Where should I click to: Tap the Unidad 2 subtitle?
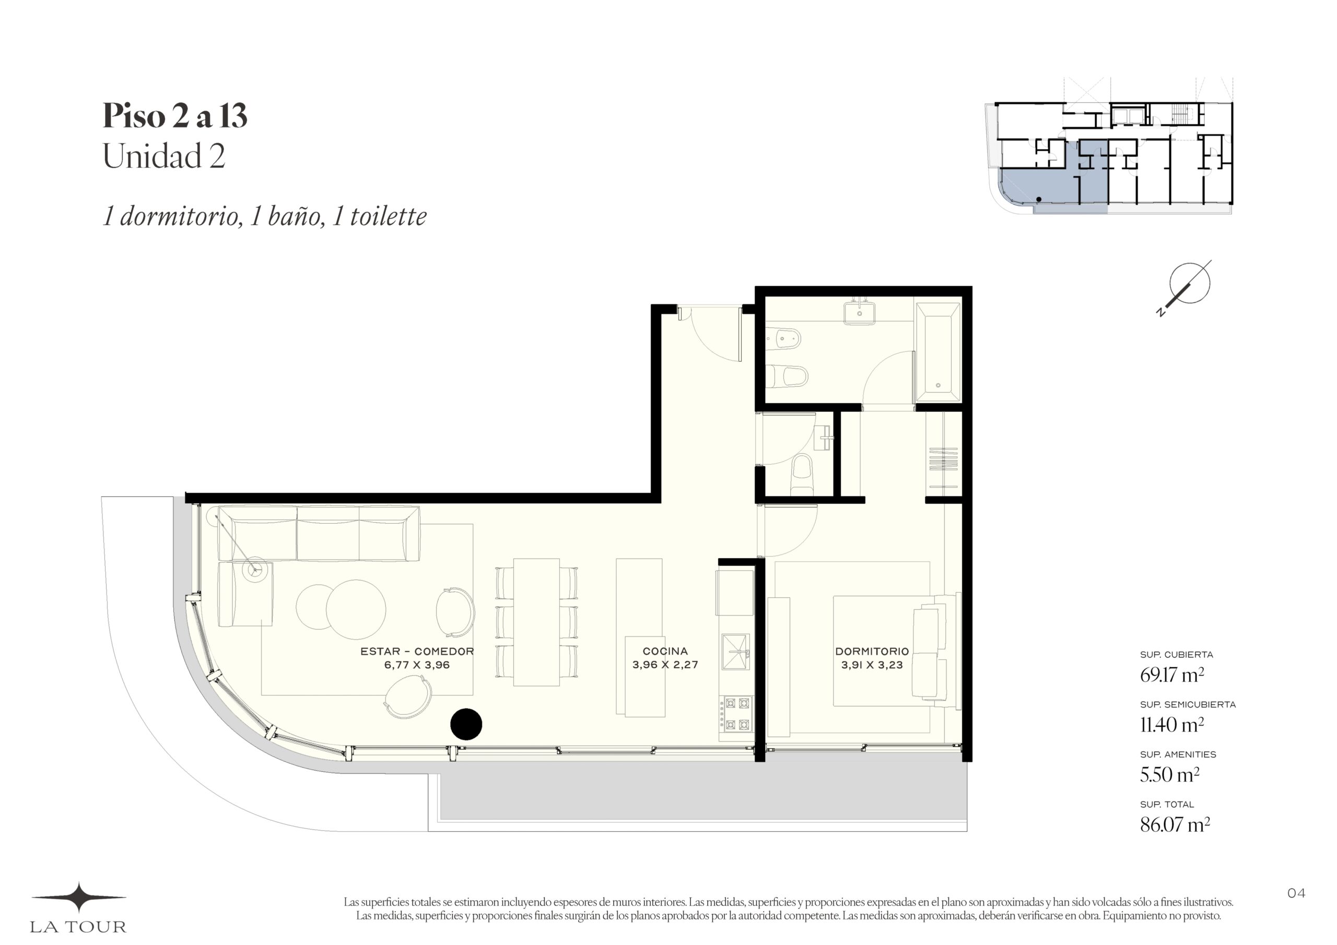pos(163,156)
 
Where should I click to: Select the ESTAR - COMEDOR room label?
pos(417,652)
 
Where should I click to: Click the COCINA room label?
pos(665,651)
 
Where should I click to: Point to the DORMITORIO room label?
pos(872,652)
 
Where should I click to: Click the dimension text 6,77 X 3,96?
pos(417,665)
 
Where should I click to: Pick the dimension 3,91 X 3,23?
pos(872,665)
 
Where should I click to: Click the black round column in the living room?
pos(466,724)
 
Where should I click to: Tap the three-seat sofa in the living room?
pos(319,534)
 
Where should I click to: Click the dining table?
pos(536,622)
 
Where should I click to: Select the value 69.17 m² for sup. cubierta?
pos(1171,676)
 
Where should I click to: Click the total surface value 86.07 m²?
pos(1175,825)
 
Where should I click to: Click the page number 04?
pos(1296,893)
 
